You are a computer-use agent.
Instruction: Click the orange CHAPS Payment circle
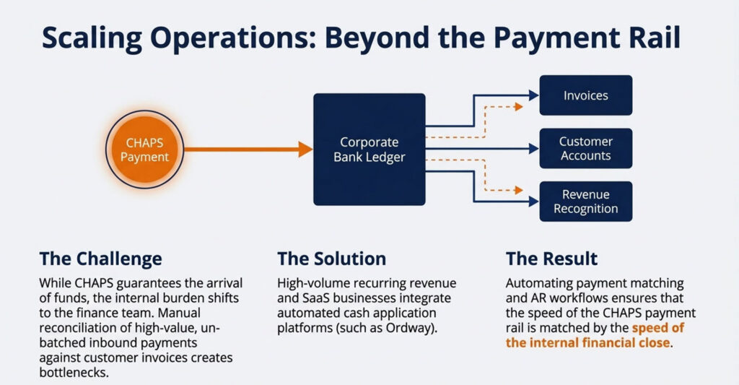144,150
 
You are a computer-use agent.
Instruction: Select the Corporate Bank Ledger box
369,149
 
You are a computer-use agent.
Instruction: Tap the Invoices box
586,95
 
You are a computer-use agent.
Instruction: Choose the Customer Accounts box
586,149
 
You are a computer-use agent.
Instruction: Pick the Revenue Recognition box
586,202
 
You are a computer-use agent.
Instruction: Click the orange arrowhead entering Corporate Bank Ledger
305,149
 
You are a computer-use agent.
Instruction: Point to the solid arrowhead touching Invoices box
534,95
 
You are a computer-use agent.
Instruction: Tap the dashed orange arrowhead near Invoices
519,107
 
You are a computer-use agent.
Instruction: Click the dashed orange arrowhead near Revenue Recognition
519,190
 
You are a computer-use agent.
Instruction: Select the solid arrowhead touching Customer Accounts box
534,149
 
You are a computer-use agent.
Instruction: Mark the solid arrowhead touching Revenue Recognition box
534,202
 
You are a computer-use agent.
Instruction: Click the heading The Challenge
101,259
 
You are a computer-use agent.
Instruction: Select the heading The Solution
332,259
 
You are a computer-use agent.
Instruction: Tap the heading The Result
552,259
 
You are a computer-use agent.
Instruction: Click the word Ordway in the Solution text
408,328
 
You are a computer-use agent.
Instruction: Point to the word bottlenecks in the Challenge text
74,372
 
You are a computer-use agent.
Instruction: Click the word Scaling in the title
92,38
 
